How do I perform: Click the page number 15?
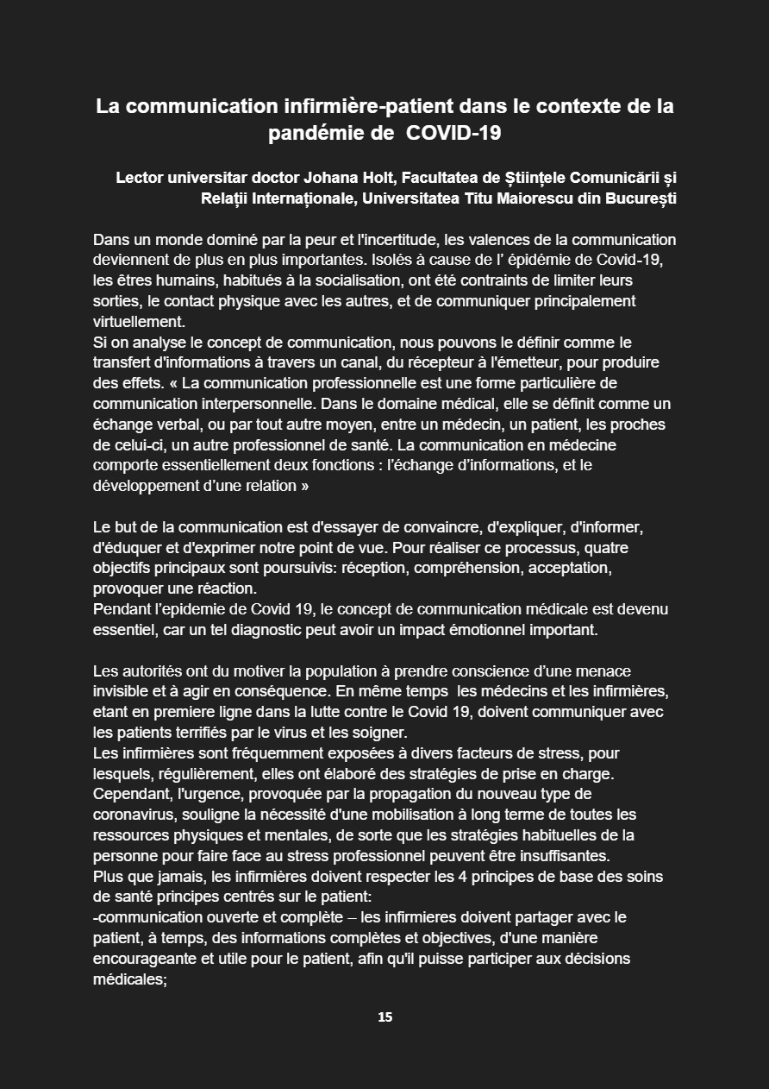click(x=384, y=1017)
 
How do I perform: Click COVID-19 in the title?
click(x=453, y=134)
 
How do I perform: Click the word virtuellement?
click(x=138, y=321)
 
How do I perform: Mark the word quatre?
click(x=622, y=548)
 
